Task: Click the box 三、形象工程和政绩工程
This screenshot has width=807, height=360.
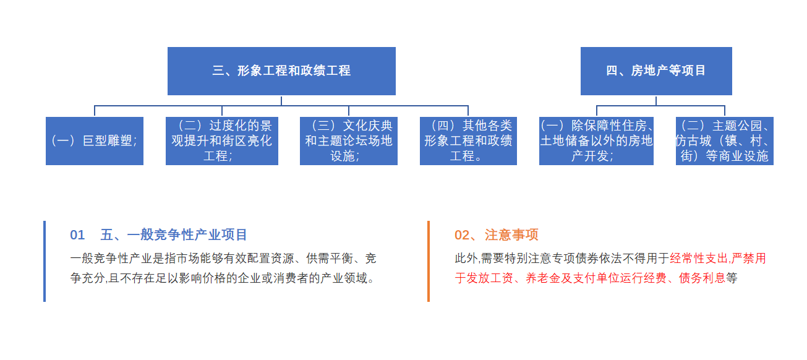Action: click(x=281, y=71)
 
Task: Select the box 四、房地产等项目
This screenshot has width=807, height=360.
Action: click(x=656, y=71)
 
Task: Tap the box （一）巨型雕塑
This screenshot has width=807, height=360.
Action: click(x=95, y=141)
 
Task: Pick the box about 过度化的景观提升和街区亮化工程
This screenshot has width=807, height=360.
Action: click(x=221, y=141)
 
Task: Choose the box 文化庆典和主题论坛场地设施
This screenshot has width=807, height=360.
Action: click(x=348, y=141)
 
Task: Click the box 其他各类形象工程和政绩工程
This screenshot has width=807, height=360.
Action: click(x=468, y=141)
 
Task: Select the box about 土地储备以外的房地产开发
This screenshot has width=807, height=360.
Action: click(x=596, y=141)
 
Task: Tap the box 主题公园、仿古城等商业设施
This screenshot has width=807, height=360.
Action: click(x=725, y=141)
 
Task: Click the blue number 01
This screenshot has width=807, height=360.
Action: click(x=77, y=235)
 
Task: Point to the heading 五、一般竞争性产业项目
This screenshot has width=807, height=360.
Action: click(x=174, y=235)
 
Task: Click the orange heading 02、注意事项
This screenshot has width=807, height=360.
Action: click(x=496, y=235)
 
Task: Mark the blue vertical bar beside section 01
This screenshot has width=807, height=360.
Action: click(x=45, y=261)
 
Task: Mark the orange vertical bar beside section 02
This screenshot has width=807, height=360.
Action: click(x=429, y=261)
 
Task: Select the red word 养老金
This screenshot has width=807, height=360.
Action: click(x=543, y=278)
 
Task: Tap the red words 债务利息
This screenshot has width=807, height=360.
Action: click(x=702, y=278)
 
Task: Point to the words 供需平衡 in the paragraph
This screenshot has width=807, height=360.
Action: click(x=329, y=259)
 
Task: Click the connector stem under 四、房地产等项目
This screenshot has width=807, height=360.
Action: click(x=656, y=101)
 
